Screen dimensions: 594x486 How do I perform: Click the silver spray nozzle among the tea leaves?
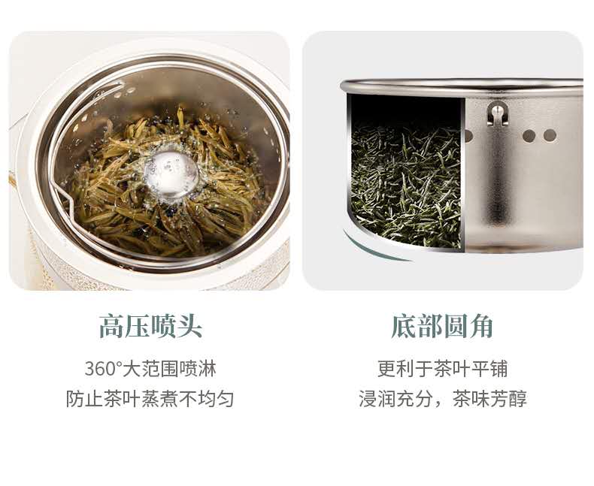pyautogui.click(x=172, y=173)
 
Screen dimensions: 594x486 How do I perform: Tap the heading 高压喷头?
pyautogui.click(x=150, y=326)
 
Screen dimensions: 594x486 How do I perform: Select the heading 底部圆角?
pyautogui.click(x=442, y=326)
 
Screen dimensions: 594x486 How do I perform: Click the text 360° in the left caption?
pyautogui.click(x=103, y=368)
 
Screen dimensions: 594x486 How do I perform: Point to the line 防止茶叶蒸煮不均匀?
pyautogui.click(x=150, y=399)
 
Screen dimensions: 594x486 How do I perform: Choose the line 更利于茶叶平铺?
pyautogui.click(x=442, y=368)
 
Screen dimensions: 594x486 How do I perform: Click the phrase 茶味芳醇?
pyautogui.click(x=489, y=399)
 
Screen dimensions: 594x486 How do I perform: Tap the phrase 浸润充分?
pyautogui.click(x=395, y=399)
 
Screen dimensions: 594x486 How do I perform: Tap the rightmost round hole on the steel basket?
pyautogui.click(x=550, y=135)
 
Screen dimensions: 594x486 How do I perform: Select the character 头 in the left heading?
pyautogui.click(x=189, y=326)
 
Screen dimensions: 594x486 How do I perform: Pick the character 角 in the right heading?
pyautogui.click(x=481, y=326)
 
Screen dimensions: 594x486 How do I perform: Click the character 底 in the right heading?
pyautogui.click(x=404, y=326)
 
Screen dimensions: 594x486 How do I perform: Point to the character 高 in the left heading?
pyautogui.click(x=112, y=326)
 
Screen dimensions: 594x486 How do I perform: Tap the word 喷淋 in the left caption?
pyautogui.click(x=197, y=368)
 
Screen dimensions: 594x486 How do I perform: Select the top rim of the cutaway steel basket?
pyautogui.click(x=462, y=85)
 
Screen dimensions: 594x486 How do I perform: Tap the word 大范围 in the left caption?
pyautogui.click(x=150, y=368)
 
